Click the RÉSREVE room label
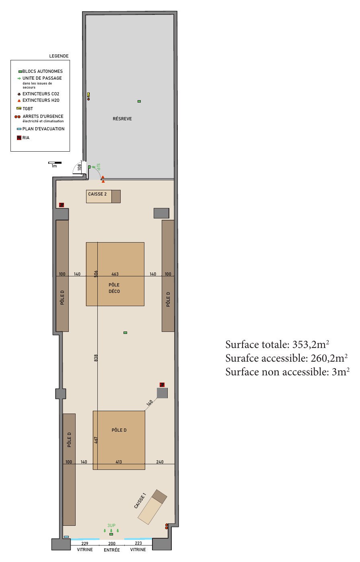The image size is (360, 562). (x=122, y=119)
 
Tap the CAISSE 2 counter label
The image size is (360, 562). (x=97, y=194)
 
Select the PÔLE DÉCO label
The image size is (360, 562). (x=114, y=288)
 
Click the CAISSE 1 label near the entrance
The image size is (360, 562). (x=140, y=500)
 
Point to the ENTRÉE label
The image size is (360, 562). (x=112, y=550)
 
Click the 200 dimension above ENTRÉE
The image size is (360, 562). (x=112, y=543)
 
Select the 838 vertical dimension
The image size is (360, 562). (x=96, y=358)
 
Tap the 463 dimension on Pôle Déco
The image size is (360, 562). (x=115, y=274)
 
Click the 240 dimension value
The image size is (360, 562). (x=160, y=462)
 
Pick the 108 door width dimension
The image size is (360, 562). (x=80, y=167)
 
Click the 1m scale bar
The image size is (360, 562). (x=55, y=163)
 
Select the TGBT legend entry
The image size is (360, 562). (x=25, y=109)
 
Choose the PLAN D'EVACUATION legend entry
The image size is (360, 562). (x=41, y=129)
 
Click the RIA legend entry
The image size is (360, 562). (x=23, y=138)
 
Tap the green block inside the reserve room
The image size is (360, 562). (x=139, y=101)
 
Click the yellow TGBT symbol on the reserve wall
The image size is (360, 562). (x=88, y=95)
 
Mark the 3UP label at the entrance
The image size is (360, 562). (x=111, y=525)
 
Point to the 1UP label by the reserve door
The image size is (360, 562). (x=98, y=167)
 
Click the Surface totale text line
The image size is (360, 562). (x=277, y=344)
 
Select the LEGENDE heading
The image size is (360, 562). (x=59, y=56)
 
